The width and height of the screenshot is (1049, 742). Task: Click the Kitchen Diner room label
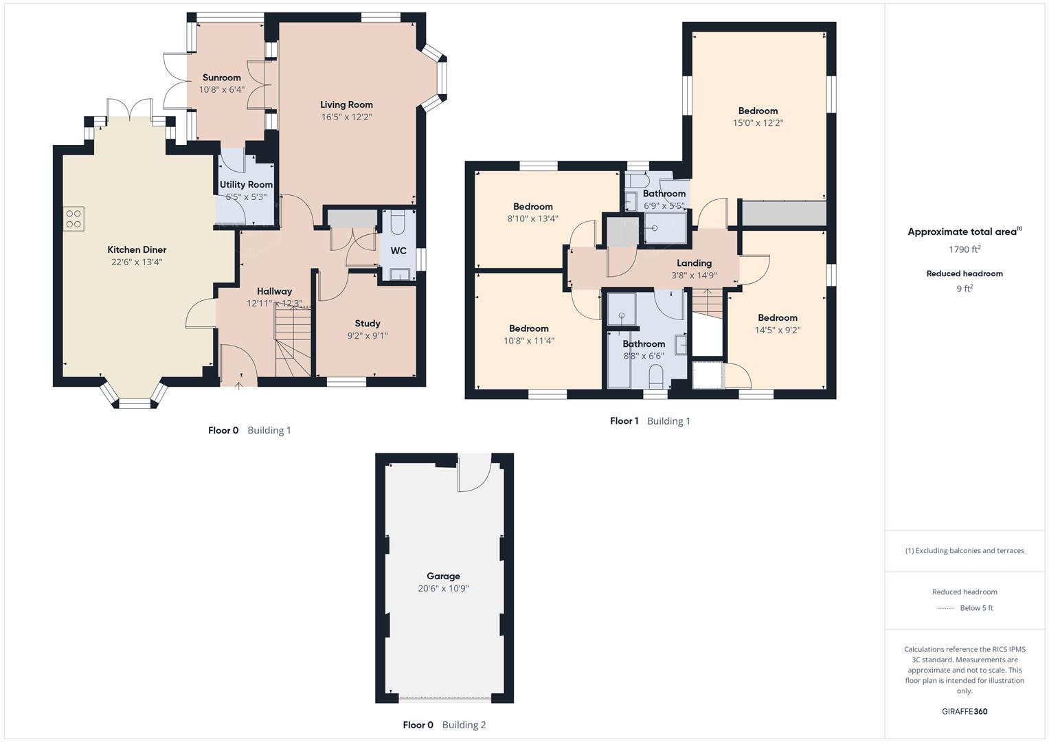137,249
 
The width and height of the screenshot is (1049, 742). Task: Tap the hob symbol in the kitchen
74,218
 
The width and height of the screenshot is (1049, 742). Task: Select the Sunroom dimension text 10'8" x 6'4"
221,90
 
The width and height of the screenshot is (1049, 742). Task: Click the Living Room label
346,104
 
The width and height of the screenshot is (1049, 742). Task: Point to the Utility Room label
246,184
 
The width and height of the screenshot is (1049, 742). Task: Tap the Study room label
368,323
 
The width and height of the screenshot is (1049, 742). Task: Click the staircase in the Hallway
293,342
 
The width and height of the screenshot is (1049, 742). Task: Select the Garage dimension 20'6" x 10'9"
443,589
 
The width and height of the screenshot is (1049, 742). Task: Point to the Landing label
694,262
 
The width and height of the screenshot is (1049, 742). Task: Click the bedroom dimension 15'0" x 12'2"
758,123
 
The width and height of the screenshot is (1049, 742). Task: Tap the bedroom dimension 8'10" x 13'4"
532,218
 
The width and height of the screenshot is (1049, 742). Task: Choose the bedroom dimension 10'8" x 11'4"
528,341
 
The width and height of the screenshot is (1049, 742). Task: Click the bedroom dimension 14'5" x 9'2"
778,330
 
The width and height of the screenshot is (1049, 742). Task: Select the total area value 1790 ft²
965,249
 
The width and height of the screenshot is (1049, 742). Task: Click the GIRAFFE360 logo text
965,711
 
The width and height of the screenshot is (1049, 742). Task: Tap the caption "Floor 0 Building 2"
444,725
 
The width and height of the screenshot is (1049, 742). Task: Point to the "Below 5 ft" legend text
976,608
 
